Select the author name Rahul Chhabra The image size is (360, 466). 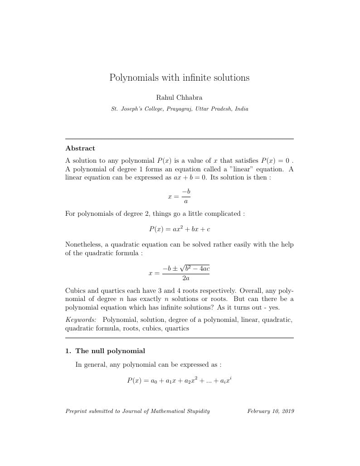[x=179, y=97]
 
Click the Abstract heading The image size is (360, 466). [x=80, y=148]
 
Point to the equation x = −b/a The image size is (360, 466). [x=179, y=197]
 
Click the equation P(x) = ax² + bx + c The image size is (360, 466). [x=179, y=229]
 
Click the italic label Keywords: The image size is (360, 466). [x=81, y=320]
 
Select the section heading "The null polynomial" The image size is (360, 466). [x=110, y=351]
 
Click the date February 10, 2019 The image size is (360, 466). [x=270, y=411]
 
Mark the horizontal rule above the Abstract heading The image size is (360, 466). [x=179, y=139]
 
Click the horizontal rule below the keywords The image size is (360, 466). [x=179, y=338]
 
